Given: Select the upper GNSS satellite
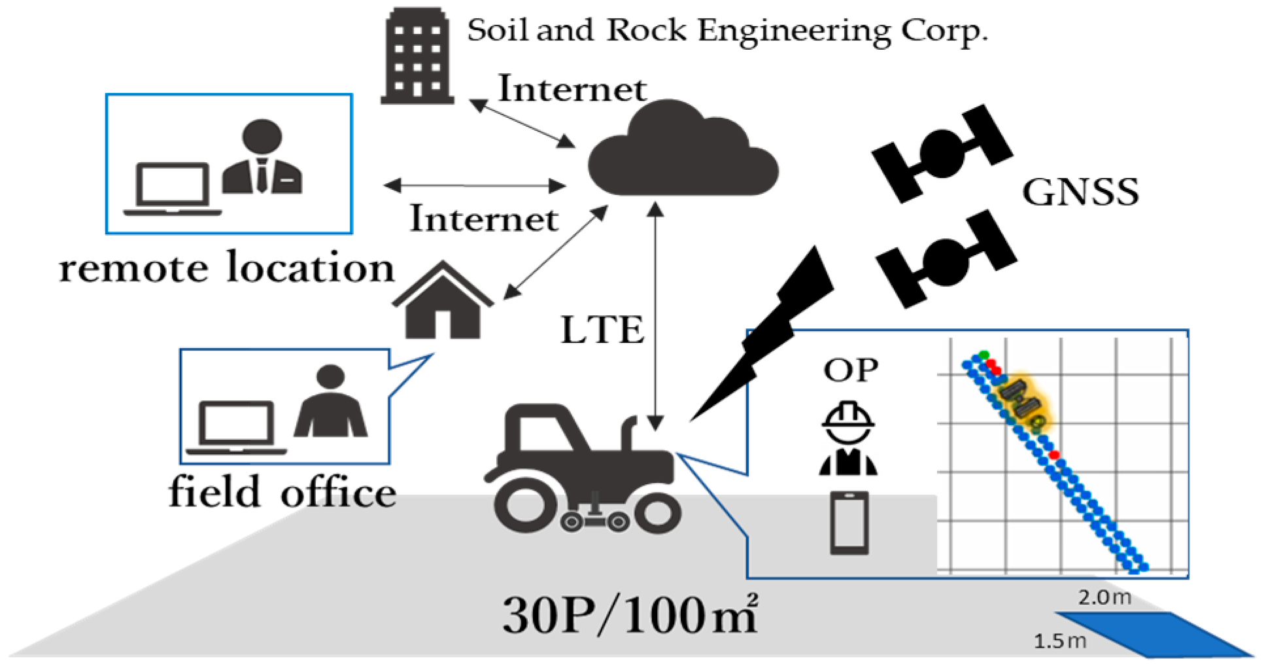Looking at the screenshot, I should click(942, 152).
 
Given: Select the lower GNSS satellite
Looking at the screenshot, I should click(946, 260).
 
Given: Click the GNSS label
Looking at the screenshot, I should click(1080, 192).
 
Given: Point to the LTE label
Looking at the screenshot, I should click(602, 330).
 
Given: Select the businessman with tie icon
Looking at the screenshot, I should click(262, 158).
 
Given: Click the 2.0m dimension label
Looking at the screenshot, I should click(1104, 597).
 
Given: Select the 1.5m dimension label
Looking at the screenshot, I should click(1059, 641).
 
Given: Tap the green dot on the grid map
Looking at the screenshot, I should click(984, 355).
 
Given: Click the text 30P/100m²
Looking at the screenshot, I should click(630, 616).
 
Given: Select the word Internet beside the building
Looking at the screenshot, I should click(572, 89).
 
